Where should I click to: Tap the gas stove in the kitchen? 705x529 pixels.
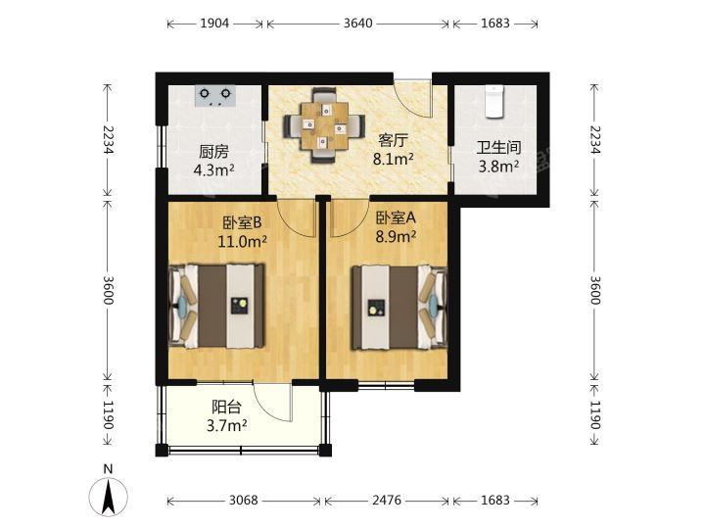pyautogui.click(x=215, y=96)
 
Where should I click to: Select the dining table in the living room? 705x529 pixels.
pyautogui.click(x=324, y=125)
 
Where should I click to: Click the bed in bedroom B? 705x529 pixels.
pyautogui.click(x=215, y=306)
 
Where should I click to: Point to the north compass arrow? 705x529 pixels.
pyautogui.click(x=108, y=497)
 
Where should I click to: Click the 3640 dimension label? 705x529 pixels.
pyautogui.click(x=358, y=23)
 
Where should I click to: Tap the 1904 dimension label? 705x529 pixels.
pyautogui.click(x=214, y=23)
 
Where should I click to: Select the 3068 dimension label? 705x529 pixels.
pyautogui.click(x=244, y=501)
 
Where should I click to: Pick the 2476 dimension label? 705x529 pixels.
pyautogui.click(x=387, y=501)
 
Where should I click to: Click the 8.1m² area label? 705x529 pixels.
pyautogui.click(x=393, y=159)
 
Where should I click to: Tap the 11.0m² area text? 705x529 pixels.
pyautogui.click(x=243, y=242)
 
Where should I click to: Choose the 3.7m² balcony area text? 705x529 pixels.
pyautogui.click(x=226, y=425)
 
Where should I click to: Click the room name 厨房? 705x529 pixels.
pyautogui.click(x=213, y=152)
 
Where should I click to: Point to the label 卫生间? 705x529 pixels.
pyautogui.click(x=498, y=148)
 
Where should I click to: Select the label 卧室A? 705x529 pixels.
pyautogui.click(x=396, y=218)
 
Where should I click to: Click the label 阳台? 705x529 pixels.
pyautogui.click(x=226, y=407)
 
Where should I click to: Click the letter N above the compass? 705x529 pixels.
pyautogui.click(x=108, y=469)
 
